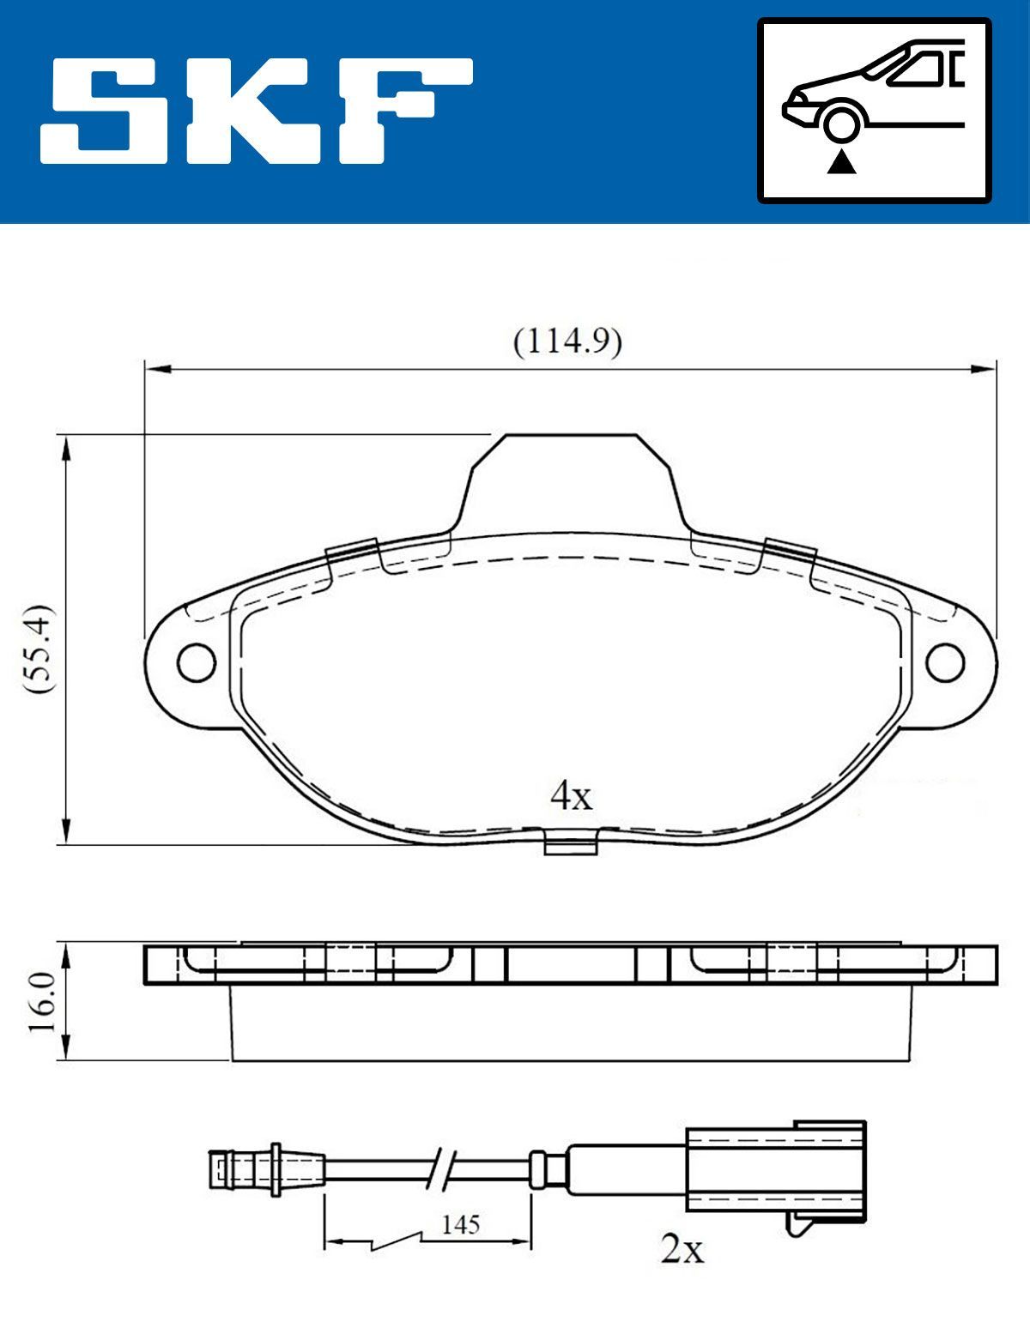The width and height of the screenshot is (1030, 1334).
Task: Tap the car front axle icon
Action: pyautogui.click(x=874, y=111)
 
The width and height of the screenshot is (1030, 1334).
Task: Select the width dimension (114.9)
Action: pyautogui.click(x=567, y=342)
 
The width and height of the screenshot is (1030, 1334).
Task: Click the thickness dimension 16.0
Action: pyautogui.click(x=41, y=1002)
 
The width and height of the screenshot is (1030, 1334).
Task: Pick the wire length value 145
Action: pyautogui.click(x=460, y=1224)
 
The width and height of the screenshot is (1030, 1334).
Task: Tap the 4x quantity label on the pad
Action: pyautogui.click(x=571, y=796)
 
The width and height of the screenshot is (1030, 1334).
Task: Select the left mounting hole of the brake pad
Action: pyautogui.click(x=196, y=661)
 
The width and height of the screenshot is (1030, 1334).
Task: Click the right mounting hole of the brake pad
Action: pyautogui.click(x=946, y=661)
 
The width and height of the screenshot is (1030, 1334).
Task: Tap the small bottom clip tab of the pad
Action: pyautogui.click(x=571, y=843)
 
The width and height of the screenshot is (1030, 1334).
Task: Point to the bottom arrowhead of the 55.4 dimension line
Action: pyautogui.click(x=65, y=832)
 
